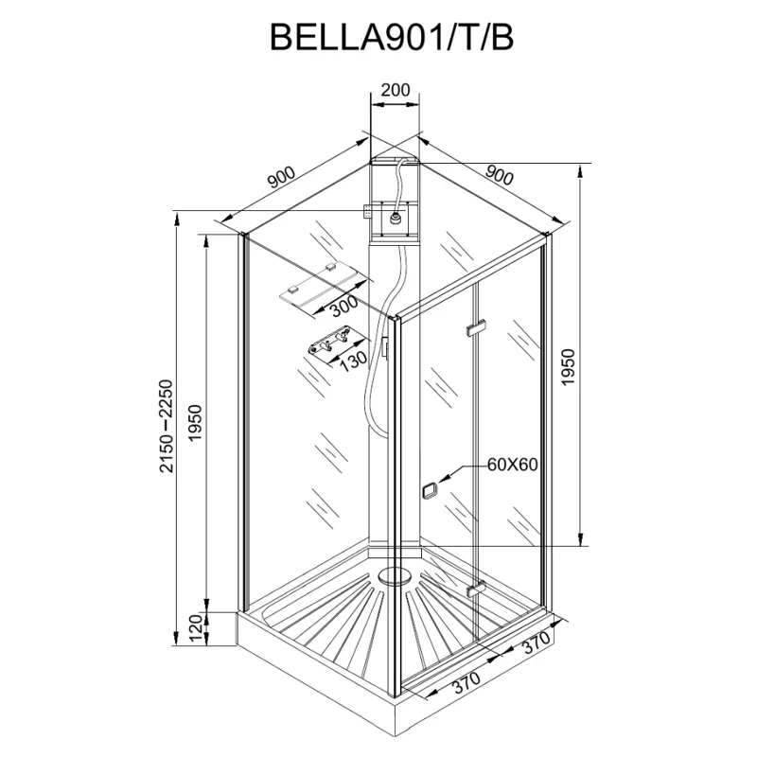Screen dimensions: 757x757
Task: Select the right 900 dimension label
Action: click(498, 176)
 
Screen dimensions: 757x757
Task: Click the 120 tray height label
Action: click(196, 627)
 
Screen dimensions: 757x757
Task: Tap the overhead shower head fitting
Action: click(392, 220)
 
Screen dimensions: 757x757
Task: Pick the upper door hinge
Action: click(475, 328)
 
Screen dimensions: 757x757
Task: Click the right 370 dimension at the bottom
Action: click(536, 647)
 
